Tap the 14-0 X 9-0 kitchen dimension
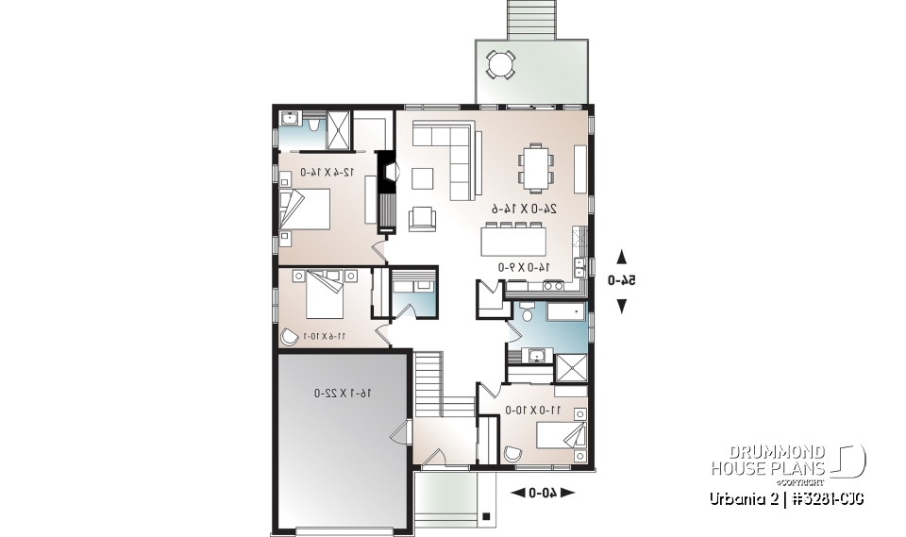[x=524, y=267]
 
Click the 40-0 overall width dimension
[x=542, y=492]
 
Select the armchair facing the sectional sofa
[x=422, y=219]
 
